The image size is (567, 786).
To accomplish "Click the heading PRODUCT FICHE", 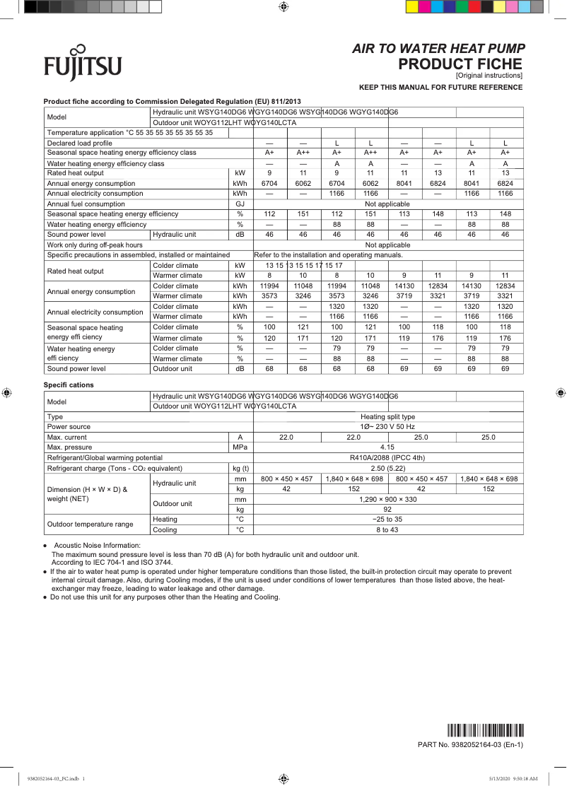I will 460,64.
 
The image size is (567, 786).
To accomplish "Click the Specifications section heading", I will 69,385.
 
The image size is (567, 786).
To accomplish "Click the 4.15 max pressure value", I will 387,447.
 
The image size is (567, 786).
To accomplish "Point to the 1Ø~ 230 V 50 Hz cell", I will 387,427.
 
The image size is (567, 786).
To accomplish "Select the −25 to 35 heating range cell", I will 387,519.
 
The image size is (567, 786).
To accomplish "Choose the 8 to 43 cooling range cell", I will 387,529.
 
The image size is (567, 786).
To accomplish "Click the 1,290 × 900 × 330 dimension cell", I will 387,499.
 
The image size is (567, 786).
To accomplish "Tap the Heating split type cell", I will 387,417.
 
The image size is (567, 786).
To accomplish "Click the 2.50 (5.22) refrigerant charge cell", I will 387,468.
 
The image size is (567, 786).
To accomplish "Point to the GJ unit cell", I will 240,204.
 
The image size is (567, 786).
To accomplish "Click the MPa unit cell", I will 240,447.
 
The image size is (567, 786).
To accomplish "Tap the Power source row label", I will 69,427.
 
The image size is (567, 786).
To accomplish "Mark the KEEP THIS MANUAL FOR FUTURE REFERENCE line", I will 440,88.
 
